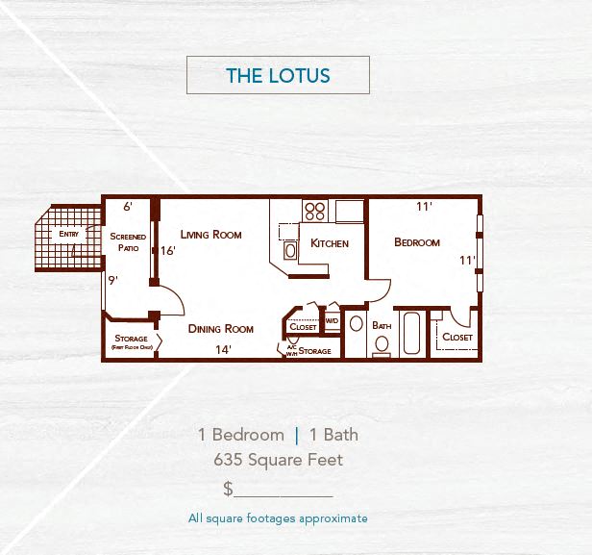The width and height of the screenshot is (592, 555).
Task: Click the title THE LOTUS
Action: tap(278, 75)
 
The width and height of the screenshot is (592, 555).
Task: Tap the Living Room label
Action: tap(210, 235)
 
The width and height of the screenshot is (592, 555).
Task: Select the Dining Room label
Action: tap(220, 329)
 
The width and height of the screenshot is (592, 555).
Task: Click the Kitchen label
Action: tap(330, 243)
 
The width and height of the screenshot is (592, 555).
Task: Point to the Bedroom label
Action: tap(417, 242)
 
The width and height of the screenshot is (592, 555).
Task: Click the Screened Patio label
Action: tap(128, 241)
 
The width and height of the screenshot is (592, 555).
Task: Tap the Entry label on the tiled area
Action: tap(69, 234)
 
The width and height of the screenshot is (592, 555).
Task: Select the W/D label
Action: tap(331, 321)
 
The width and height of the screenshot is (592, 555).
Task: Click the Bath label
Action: tap(382, 326)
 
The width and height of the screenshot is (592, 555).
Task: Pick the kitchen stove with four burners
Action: tap(315, 211)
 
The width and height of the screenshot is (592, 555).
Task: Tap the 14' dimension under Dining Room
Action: tap(223, 350)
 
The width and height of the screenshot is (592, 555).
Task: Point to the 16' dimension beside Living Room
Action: tap(168, 251)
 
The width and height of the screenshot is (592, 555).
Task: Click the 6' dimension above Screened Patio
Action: tap(128, 206)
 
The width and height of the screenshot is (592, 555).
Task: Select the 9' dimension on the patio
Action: tap(112, 281)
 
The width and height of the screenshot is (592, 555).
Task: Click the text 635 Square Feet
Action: tap(278, 460)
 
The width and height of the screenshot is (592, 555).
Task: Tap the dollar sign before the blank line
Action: tap(228, 489)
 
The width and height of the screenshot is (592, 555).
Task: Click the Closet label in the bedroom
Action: tap(457, 338)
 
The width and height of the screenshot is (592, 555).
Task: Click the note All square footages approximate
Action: tap(278, 518)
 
